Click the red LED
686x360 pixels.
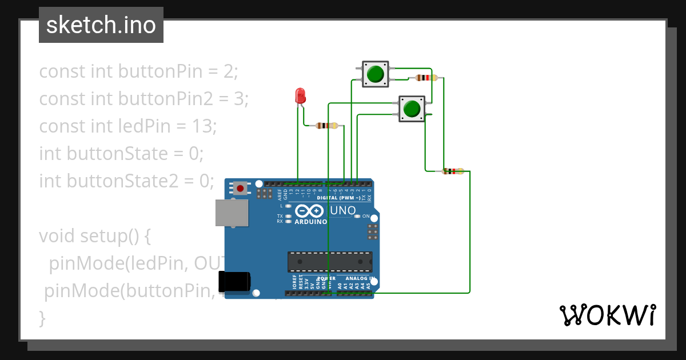click(x=300, y=96)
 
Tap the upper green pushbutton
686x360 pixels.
click(x=375, y=74)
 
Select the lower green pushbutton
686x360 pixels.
click(x=412, y=108)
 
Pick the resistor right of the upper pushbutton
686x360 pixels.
click(x=426, y=78)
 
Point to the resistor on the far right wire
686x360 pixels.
click(x=453, y=171)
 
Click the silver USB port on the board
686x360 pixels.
click(x=232, y=213)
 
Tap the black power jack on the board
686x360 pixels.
click(x=234, y=281)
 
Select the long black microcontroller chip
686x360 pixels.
click(x=330, y=262)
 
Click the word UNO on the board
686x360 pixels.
click(x=343, y=210)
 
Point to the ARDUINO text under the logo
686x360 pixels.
click(x=311, y=222)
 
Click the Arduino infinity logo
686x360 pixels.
click(x=310, y=210)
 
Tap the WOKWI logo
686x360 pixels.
click(x=607, y=315)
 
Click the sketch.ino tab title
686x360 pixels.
click(x=101, y=25)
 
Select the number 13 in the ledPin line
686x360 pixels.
click(x=203, y=126)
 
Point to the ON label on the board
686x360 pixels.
click(x=366, y=216)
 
